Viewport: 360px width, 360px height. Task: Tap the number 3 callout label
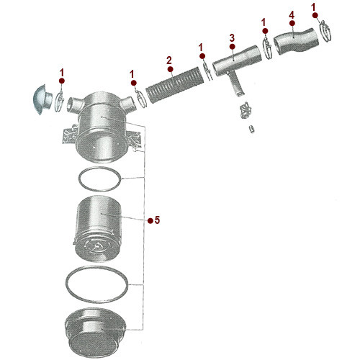pyautogui.click(x=232, y=37)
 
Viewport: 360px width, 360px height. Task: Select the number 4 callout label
pyautogui.click(x=291, y=14)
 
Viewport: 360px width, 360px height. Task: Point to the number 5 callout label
pyautogui.click(x=158, y=220)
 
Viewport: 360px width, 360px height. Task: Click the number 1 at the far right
pyautogui.click(x=315, y=6)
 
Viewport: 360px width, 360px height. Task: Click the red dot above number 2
pyautogui.click(x=168, y=70)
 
